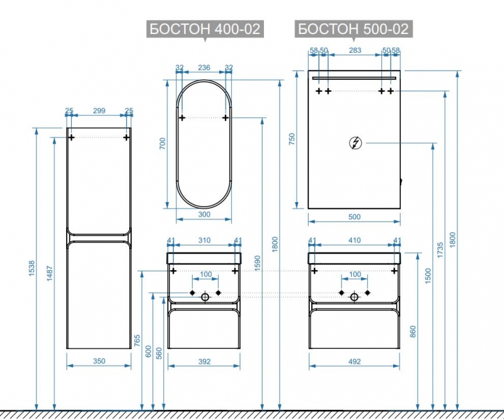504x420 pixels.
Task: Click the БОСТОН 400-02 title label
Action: [x=205, y=29]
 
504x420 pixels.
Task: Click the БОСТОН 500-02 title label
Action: [x=353, y=29]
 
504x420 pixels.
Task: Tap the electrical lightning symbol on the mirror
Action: [x=355, y=143]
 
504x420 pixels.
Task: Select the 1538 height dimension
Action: [x=31, y=269]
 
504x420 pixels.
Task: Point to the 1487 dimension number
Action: [x=50, y=273]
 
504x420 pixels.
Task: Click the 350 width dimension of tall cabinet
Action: [x=99, y=361]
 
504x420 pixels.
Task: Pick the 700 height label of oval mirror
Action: [x=163, y=144]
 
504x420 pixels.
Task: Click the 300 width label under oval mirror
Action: [x=204, y=214]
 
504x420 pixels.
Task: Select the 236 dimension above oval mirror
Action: [x=204, y=67]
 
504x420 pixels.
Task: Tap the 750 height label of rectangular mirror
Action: [x=292, y=139]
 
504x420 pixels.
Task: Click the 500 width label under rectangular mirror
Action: [x=354, y=217]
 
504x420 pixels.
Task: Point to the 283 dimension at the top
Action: [x=355, y=50]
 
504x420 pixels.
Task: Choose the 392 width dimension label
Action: [x=204, y=361]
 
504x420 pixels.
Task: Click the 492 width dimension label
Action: [x=354, y=361]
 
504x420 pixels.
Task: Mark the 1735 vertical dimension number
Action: [x=440, y=250]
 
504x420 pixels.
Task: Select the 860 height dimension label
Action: [x=413, y=332]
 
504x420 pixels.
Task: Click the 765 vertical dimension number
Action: [x=137, y=341]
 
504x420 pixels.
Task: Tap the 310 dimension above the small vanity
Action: [x=204, y=241]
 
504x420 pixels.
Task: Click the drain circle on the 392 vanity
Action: [x=205, y=297]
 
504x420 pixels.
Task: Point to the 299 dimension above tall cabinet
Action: [x=99, y=111]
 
